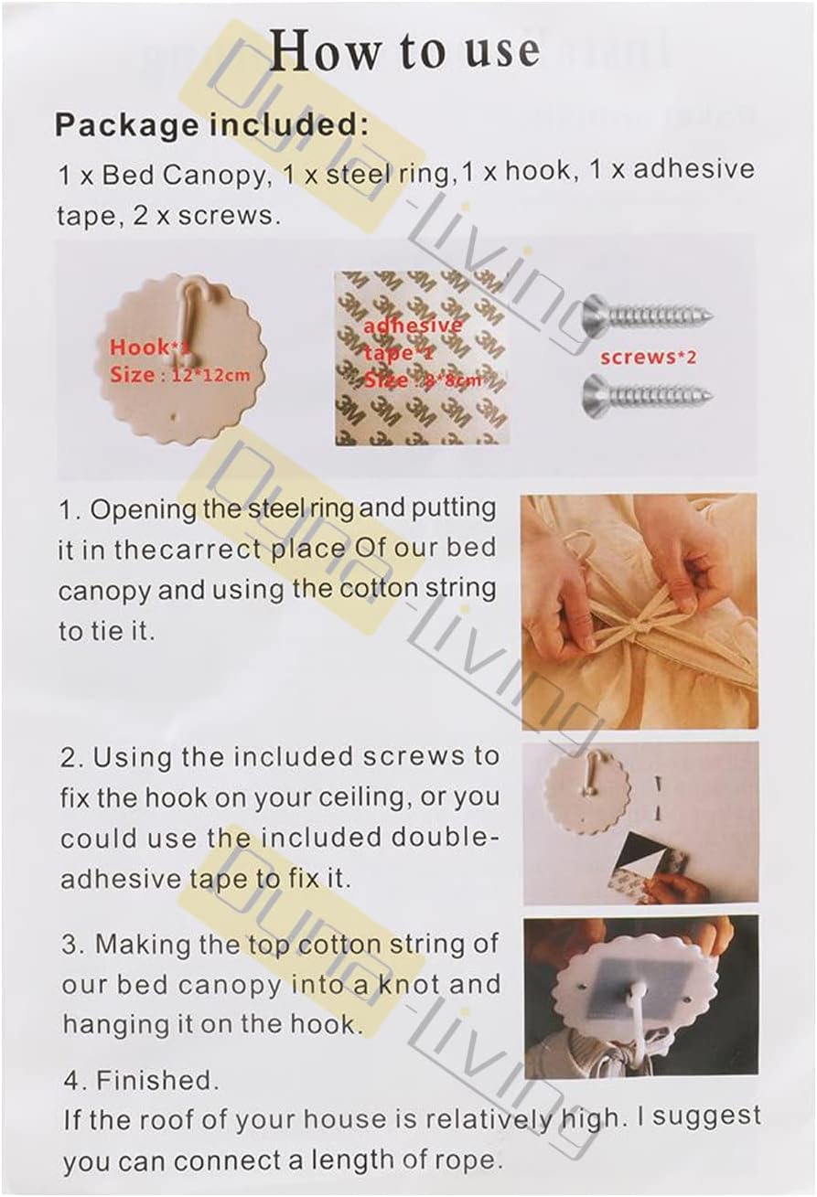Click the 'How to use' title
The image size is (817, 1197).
(404, 52)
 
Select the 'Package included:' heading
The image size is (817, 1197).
(212, 125)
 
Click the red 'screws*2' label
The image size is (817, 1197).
(649, 357)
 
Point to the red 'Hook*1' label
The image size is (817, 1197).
(150, 347)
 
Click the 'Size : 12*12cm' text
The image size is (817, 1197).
(179, 375)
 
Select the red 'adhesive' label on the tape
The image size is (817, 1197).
(413, 325)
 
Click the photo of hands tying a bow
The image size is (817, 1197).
(640, 611)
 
